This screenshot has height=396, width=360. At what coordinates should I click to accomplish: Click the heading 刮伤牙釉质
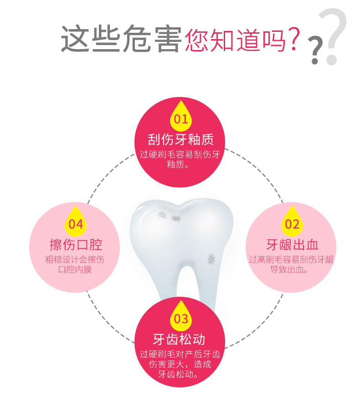click(x=180, y=139)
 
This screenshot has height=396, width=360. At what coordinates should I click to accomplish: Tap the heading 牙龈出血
click(x=292, y=245)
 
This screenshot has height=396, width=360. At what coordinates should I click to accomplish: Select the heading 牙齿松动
click(x=180, y=339)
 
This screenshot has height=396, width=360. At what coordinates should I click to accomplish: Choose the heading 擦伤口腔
click(x=76, y=245)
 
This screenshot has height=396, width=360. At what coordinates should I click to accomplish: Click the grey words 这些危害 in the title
click(x=121, y=39)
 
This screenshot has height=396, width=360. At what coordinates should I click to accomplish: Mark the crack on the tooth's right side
click(x=211, y=259)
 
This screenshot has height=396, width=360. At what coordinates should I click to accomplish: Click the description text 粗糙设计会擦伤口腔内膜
click(x=76, y=264)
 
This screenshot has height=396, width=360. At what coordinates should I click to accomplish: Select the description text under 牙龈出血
click(x=292, y=264)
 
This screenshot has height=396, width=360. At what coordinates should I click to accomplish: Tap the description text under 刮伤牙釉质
click(x=180, y=159)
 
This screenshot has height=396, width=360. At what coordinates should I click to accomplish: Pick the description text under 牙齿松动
click(x=180, y=365)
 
